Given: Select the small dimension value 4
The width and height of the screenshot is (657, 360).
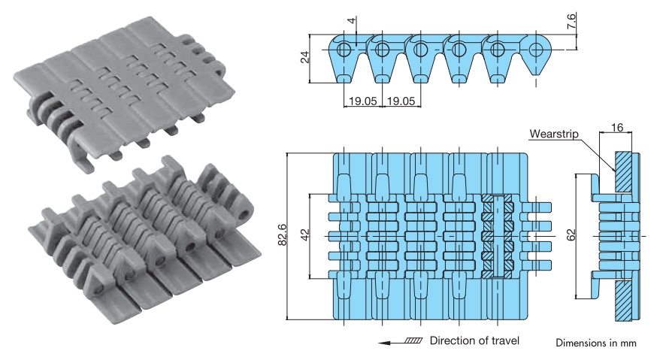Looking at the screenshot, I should coord(351,20).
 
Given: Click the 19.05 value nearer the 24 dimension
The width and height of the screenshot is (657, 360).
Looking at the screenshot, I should coord(363,100).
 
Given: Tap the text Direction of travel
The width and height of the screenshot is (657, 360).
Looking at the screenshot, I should coord(474,340).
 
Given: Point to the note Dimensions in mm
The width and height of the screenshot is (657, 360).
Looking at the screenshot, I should coord(596,343).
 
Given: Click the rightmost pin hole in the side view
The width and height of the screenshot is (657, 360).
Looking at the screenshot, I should coord(535,50).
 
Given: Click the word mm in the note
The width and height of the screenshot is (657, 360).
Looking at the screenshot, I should coord(628,343).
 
